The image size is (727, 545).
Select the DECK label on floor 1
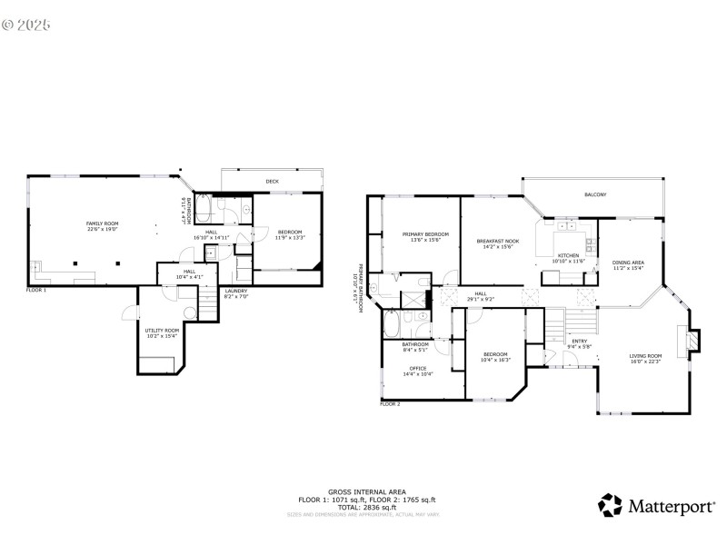272,182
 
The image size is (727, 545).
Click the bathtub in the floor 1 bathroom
204,211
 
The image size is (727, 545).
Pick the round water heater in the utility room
189,312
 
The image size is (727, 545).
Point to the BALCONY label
595,195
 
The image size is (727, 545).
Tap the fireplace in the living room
693,339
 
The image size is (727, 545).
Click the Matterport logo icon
610,505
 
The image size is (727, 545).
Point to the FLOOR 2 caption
390,403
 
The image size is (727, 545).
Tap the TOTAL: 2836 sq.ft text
367,507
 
